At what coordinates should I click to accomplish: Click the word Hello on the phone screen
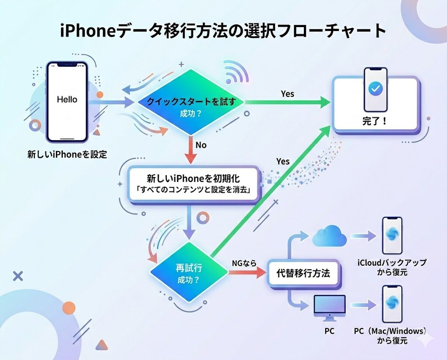click(x=67, y=99)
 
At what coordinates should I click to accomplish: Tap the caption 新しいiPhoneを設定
click(x=67, y=154)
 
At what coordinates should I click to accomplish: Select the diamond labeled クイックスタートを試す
click(x=191, y=102)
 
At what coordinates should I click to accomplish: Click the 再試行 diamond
click(x=189, y=272)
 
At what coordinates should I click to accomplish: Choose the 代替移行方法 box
click(x=303, y=274)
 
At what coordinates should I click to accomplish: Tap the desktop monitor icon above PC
click(x=329, y=307)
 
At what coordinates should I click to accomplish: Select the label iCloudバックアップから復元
click(x=392, y=267)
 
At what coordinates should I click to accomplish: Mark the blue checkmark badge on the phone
click(x=375, y=89)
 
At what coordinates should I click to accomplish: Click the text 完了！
click(x=375, y=121)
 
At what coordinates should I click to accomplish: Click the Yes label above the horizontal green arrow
click(x=287, y=94)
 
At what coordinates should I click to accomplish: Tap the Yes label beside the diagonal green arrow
click(x=282, y=161)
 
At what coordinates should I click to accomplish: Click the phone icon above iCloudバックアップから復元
click(x=392, y=235)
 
